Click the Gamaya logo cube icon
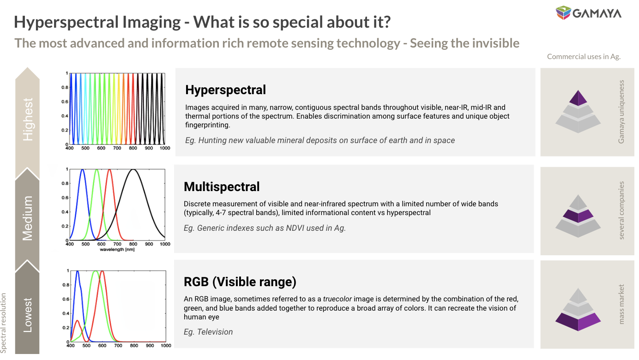point(563,12)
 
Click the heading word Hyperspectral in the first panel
point(225,90)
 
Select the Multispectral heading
point(222,186)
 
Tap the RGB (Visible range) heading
point(240,282)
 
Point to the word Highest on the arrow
point(28,119)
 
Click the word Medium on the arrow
point(28,218)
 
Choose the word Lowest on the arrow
point(28,315)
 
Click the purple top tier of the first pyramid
point(578,98)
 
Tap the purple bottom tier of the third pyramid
point(578,321)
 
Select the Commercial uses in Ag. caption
point(584,56)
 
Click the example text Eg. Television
point(208,332)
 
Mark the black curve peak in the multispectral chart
point(133,170)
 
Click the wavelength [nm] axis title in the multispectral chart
point(117,249)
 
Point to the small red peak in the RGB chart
point(77,321)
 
